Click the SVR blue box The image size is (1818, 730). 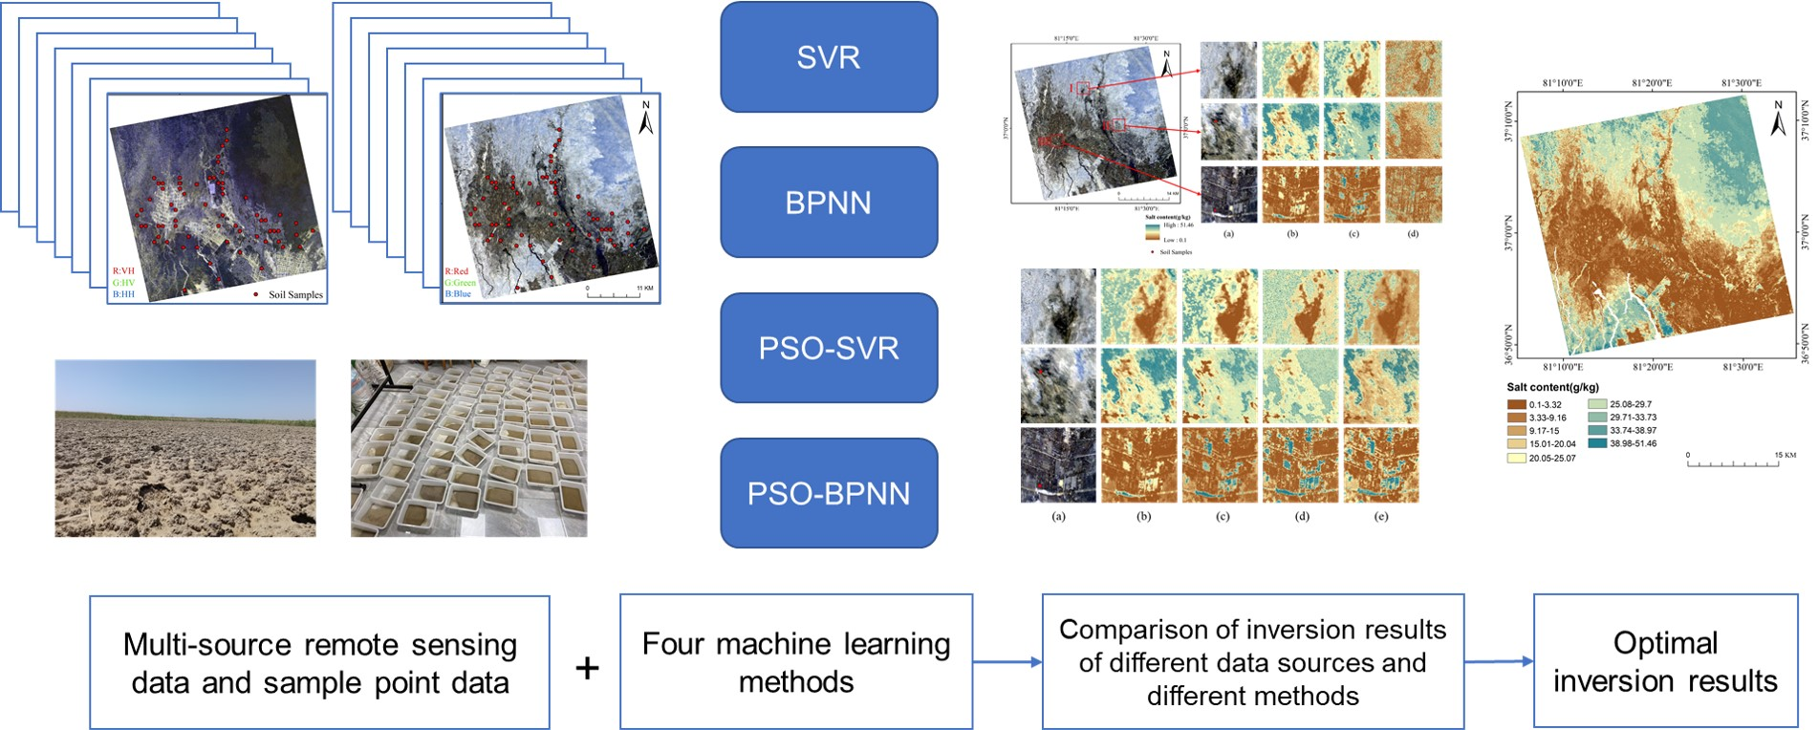click(x=828, y=57)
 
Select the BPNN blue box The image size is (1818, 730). click(x=828, y=203)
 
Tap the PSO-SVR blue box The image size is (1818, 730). click(x=828, y=348)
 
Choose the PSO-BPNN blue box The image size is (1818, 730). click(x=828, y=493)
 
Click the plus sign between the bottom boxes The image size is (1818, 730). click(x=587, y=667)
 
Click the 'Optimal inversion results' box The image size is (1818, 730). click(x=1665, y=661)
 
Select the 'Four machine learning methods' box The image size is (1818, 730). click(x=795, y=661)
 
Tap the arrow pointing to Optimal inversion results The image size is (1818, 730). click(x=1499, y=661)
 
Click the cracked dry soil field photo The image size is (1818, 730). click(x=185, y=448)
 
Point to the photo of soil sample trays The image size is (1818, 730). click(x=468, y=448)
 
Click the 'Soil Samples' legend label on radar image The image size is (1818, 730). click(x=294, y=294)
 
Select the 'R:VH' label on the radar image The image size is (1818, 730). click(x=123, y=271)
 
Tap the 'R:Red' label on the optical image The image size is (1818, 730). click(x=457, y=271)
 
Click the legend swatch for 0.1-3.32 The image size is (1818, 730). click(x=1516, y=405)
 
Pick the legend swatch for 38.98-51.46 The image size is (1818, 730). click(x=1597, y=443)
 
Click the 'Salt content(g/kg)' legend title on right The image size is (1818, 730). click(x=1552, y=387)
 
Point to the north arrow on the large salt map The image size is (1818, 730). click(x=1778, y=118)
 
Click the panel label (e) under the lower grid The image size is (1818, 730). click(x=1380, y=516)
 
